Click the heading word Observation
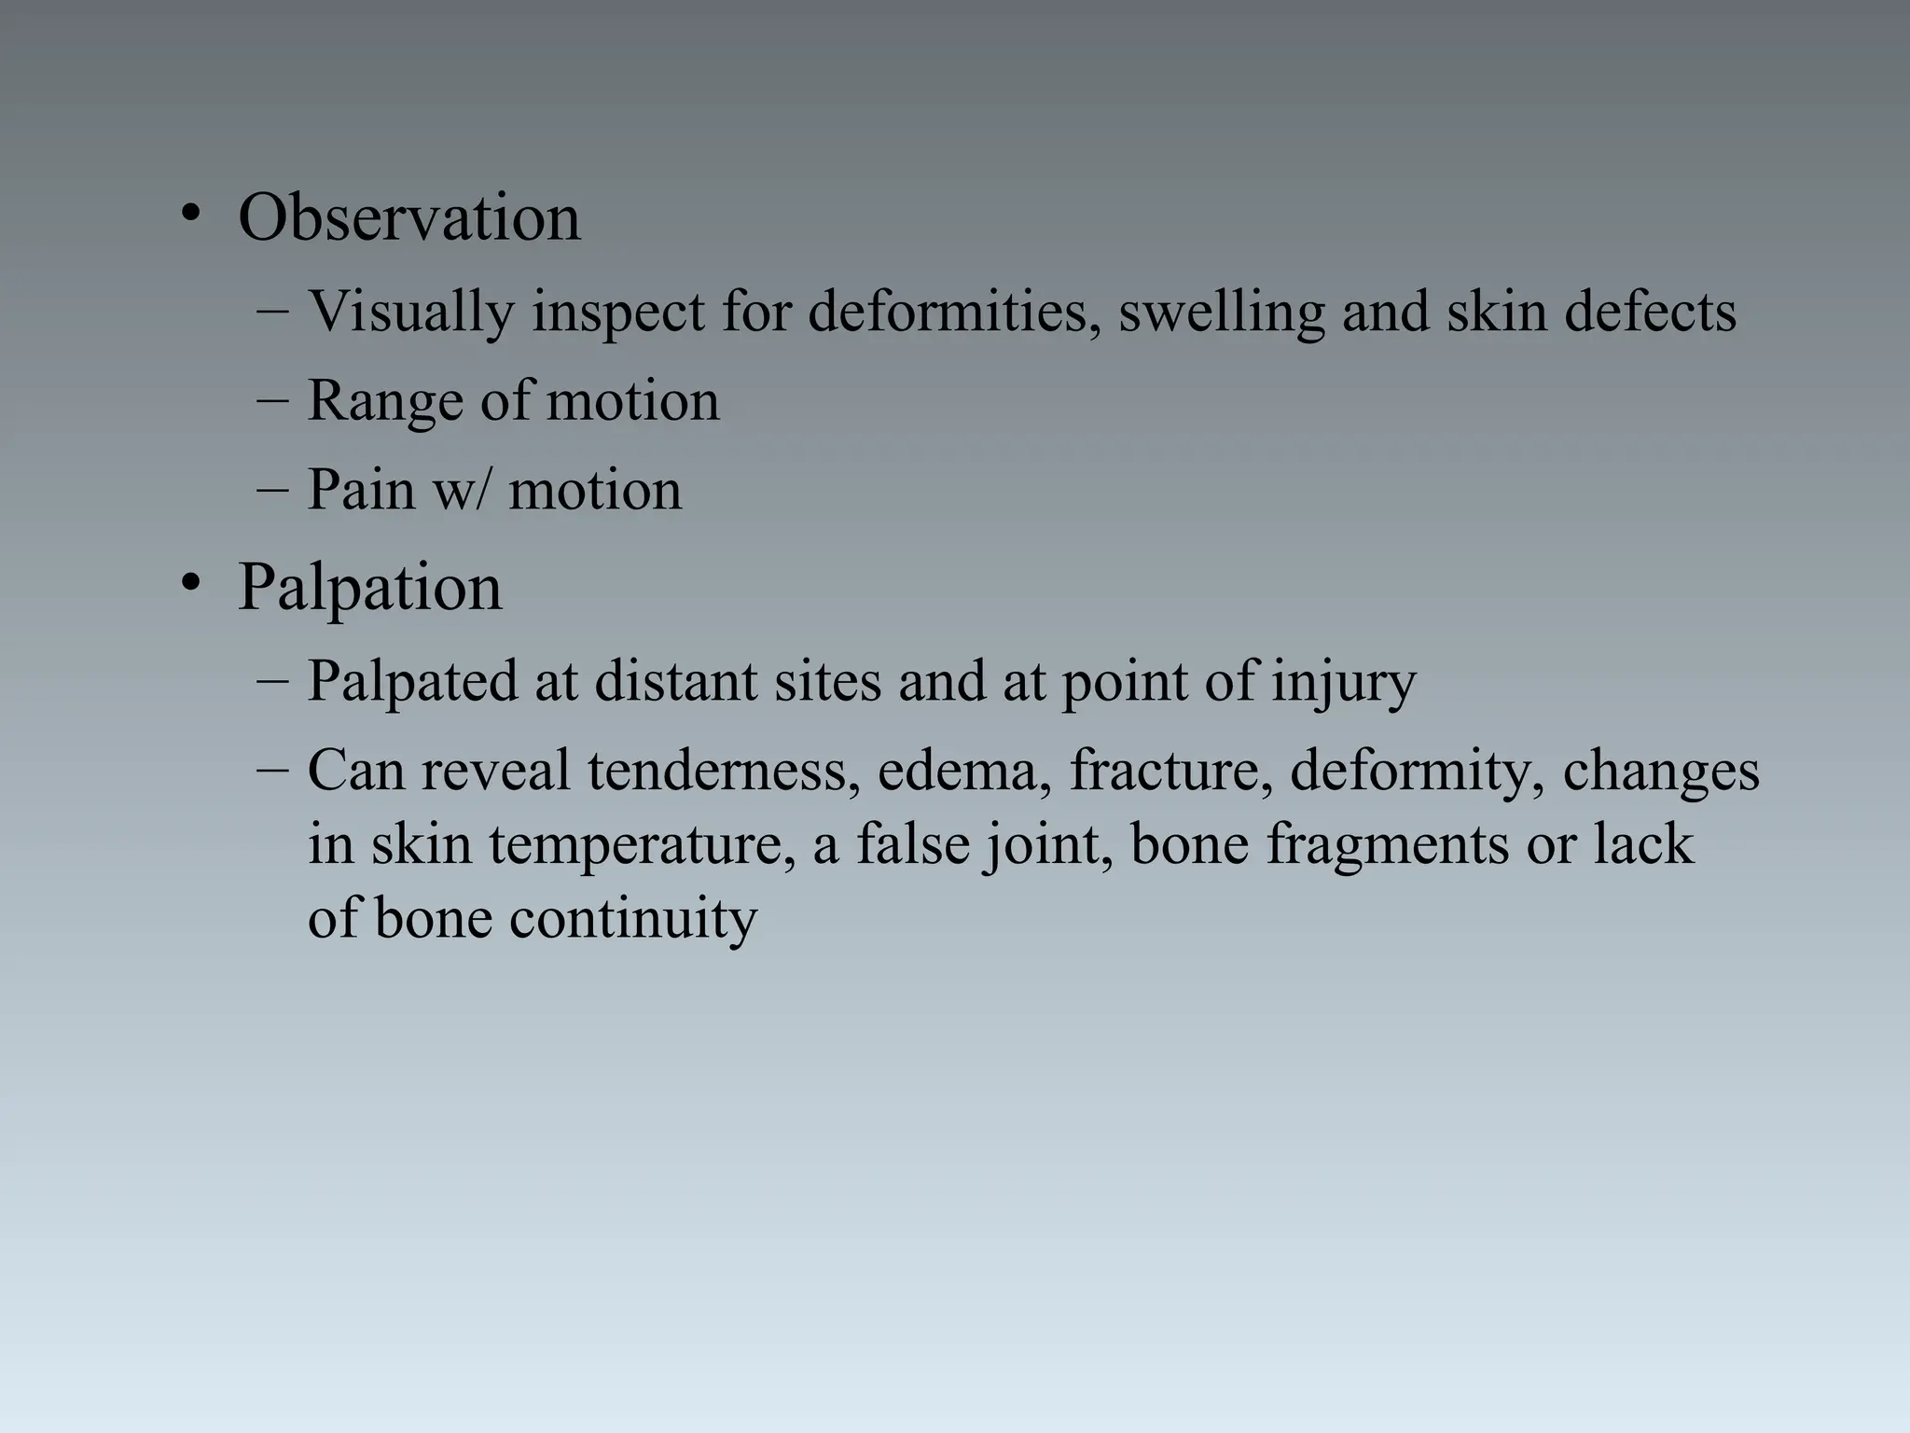tap(408, 218)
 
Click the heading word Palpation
tap(369, 588)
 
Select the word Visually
tap(410, 312)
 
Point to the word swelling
tap(1221, 312)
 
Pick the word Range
tap(385, 401)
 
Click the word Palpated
tap(411, 681)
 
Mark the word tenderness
tap(723, 772)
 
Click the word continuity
tap(632, 918)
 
